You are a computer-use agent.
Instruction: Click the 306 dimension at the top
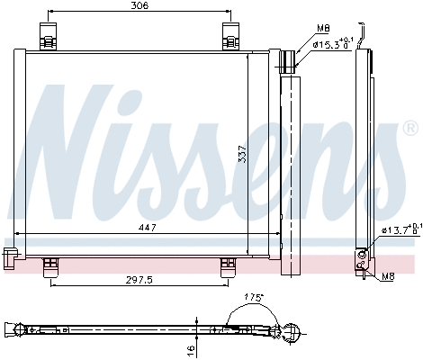[138, 5]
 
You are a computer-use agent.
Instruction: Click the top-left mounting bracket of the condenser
[48, 37]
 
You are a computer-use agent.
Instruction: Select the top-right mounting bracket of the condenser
[230, 37]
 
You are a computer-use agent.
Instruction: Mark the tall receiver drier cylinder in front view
[290, 171]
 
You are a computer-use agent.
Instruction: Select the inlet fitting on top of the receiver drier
[290, 60]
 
